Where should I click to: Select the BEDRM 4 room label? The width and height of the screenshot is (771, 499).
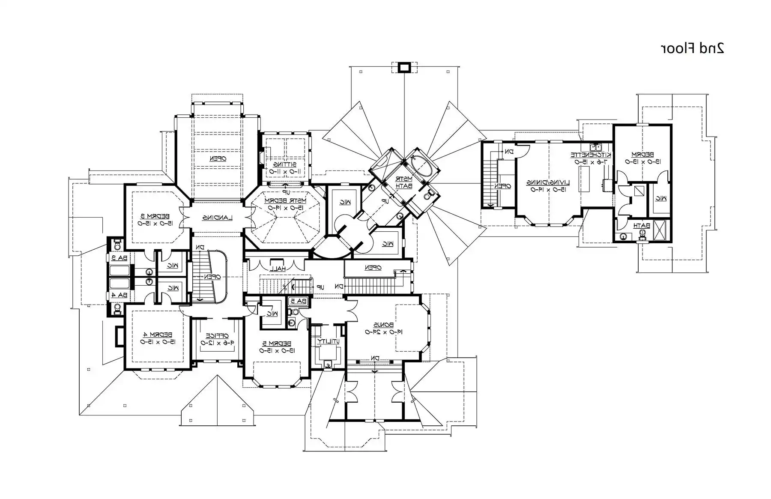158,335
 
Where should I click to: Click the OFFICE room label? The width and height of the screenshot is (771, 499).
217,336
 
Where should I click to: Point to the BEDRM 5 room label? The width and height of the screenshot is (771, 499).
277,343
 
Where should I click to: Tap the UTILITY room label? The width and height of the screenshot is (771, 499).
329,341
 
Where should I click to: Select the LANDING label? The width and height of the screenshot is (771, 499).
217,218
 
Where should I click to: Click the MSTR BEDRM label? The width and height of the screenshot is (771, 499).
285,200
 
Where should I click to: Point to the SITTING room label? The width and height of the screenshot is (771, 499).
285,164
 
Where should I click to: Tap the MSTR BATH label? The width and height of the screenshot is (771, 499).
403,182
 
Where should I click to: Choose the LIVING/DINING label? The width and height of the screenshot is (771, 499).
548,182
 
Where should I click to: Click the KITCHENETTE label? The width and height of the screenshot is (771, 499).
591,155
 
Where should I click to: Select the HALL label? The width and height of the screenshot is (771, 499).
278,269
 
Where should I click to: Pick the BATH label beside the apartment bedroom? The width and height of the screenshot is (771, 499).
642,226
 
